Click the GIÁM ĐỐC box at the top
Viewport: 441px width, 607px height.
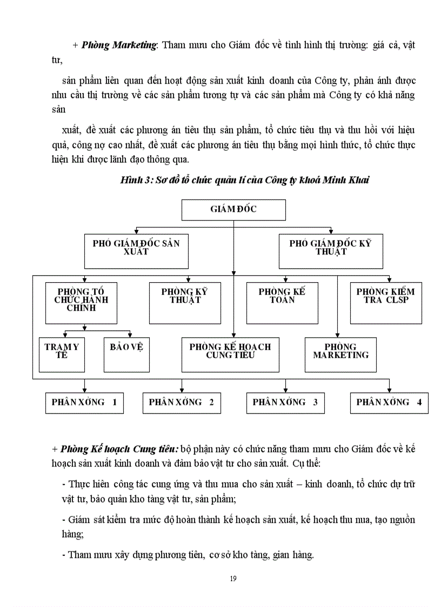coord(233,210)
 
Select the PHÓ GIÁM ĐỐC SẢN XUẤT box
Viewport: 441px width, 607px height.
coord(136,251)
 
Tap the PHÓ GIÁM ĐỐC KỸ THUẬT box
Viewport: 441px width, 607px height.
coord(330,251)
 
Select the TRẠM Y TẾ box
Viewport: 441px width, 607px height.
coord(62,354)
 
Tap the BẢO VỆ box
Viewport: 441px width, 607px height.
coord(126,354)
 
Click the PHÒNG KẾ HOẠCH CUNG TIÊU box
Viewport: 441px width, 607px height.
coord(230,354)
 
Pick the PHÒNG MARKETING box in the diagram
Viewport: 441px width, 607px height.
coord(340,354)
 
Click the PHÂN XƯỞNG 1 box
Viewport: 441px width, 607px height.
coord(84,403)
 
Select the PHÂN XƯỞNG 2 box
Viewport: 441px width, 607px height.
coord(182,403)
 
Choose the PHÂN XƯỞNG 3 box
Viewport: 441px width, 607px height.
coord(285,403)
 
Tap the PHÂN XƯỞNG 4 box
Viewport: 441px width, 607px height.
coord(389,403)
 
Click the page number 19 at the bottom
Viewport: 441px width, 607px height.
coord(233,578)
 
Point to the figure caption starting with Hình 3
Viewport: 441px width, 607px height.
coord(244,180)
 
